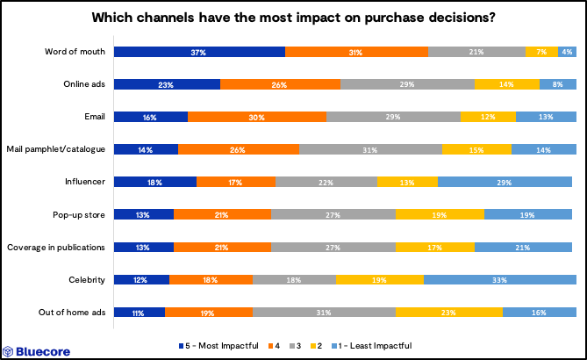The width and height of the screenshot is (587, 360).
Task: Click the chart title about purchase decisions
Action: click(293, 18)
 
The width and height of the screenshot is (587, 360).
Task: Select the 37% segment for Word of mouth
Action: click(199, 53)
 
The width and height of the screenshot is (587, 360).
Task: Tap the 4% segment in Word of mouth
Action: click(567, 53)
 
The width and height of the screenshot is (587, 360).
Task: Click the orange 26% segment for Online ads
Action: click(280, 84)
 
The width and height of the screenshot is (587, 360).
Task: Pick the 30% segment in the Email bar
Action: click(256, 117)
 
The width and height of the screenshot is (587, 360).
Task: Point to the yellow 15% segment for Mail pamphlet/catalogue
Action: click(476, 149)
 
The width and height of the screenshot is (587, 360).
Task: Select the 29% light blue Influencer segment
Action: click(506, 182)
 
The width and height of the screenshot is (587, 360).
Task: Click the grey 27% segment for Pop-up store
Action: click(333, 214)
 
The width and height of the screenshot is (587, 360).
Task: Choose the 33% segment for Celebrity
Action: click(499, 279)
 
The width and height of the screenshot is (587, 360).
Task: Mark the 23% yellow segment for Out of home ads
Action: click(449, 312)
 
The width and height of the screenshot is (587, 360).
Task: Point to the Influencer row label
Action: click(83, 182)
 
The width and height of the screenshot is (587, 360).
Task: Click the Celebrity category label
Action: click(86, 279)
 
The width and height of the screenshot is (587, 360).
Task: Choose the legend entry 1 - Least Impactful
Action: click(374, 345)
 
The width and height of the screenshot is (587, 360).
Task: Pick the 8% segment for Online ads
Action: click(557, 84)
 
